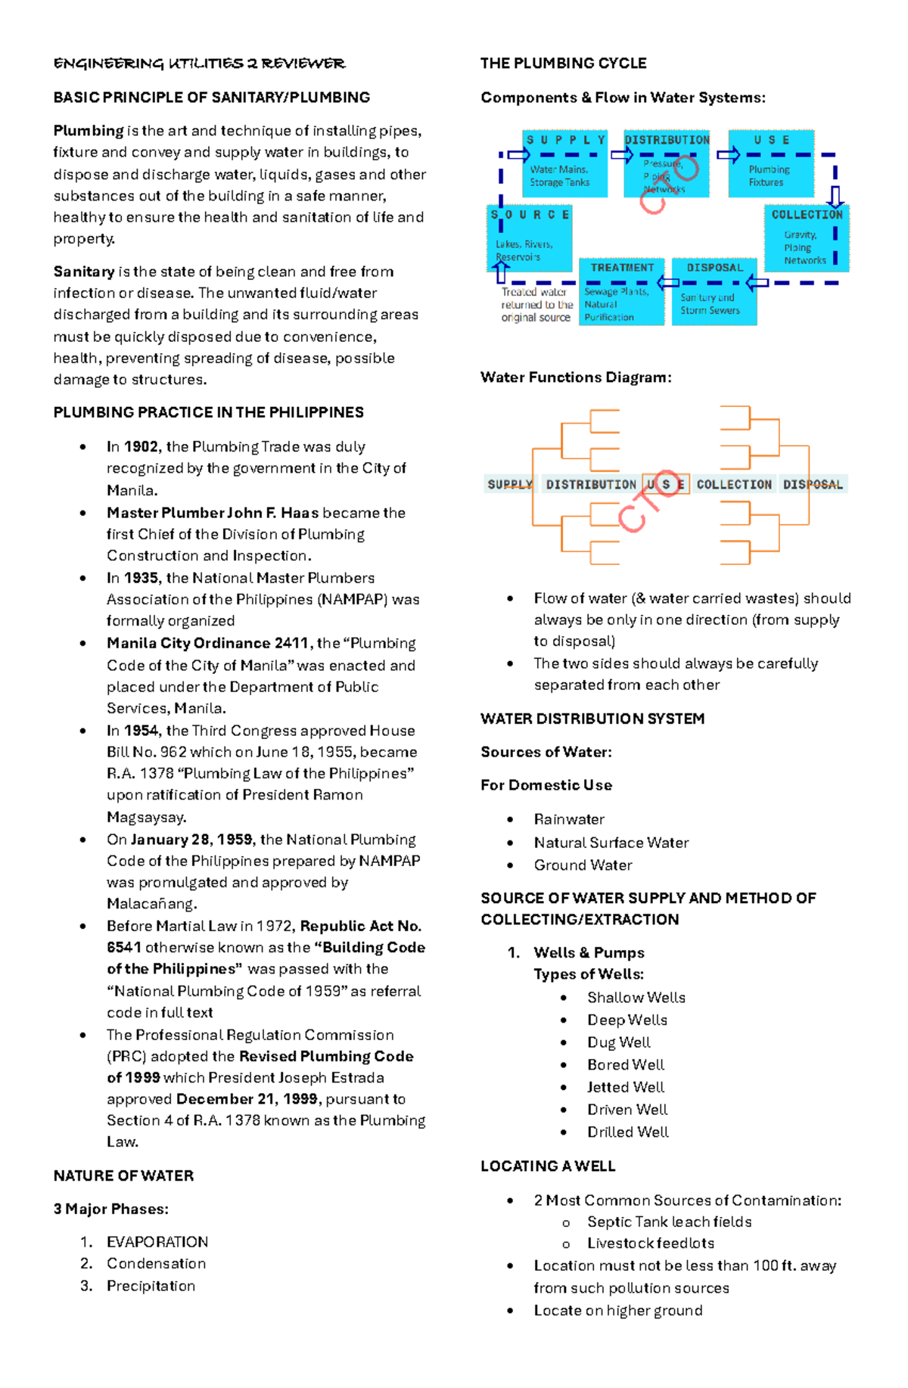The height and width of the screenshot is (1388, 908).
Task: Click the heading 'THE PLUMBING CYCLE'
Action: (563, 64)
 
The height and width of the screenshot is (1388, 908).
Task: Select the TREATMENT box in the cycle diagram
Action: (621, 291)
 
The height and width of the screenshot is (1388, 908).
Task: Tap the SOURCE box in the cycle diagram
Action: (529, 238)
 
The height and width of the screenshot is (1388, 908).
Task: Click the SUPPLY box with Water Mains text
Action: (564, 163)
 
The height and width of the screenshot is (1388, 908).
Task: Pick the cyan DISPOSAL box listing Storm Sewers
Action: (714, 291)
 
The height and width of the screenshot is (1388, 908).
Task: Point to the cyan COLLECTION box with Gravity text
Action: (807, 238)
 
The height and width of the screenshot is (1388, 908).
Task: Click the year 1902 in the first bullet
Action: (141, 447)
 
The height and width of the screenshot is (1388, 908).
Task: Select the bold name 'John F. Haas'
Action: (278, 513)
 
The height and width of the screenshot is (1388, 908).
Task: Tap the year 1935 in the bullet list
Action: (141, 578)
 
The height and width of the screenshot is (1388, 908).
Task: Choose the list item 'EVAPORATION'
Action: (157, 1242)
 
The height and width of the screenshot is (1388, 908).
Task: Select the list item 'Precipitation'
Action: (151, 1286)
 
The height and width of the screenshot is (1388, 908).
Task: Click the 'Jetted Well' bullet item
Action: (626, 1087)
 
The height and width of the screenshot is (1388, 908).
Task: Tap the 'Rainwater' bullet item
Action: (569, 819)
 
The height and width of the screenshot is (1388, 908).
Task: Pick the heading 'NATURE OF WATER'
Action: (123, 1176)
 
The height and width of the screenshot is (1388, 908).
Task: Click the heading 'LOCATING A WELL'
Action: (548, 1166)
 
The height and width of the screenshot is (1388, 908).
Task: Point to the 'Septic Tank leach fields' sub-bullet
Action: (669, 1222)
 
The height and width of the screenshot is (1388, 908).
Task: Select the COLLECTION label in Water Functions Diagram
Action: (734, 484)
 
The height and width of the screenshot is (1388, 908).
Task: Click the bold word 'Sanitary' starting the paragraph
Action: (84, 272)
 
